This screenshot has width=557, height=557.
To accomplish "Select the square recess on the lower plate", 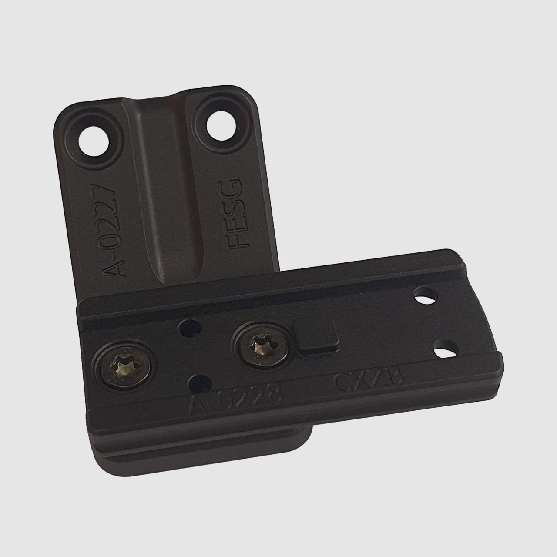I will click(x=316, y=333).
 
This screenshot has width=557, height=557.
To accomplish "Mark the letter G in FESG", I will click(x=235, y=188).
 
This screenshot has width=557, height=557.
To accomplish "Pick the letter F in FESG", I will click(x=238, y=240).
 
